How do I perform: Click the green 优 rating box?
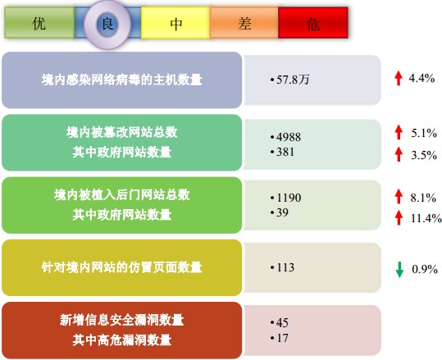click(x=39, y=23)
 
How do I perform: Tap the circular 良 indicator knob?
click(x=107, y=25)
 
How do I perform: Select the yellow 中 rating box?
click(x=175, y=23)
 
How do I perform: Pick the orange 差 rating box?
click(x=244, y=23)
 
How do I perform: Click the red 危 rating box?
click(x=313, y=23)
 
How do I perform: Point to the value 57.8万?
click(x=293, y=80)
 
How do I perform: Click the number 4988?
click(x=289, y=137)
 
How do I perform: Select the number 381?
click(x=285, y=152)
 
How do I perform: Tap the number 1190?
click(x=289, y=198)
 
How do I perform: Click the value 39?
click(x=282, y=212)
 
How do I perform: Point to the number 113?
click(x=285, y=267)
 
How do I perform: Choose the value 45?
click(x=282, y=323)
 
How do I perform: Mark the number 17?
click(x=282, y=338)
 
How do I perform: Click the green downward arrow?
click(x=399, y=270)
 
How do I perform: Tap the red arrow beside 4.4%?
click(x=399, y=78)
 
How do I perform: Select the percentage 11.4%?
click(x=426, y=218)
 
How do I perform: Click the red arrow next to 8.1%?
click(x=399, y=196)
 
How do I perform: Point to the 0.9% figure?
click(x=425, y=269)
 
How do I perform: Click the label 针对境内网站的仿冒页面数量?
click(x=121, y=267)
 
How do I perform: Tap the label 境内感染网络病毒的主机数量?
click(x=121, y=80)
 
